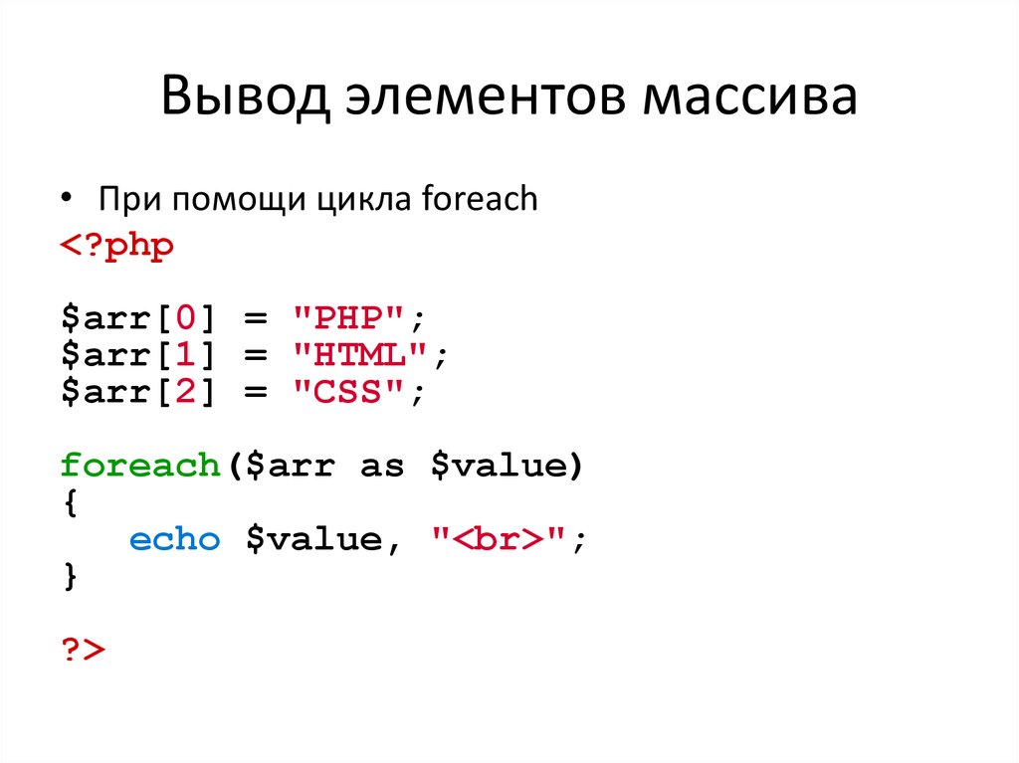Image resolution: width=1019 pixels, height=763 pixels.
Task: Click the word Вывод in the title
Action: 245,96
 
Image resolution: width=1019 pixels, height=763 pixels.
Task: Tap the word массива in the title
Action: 750,96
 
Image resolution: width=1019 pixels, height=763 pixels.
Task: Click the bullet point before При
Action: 67,197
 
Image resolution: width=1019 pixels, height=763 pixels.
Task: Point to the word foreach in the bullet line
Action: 480,198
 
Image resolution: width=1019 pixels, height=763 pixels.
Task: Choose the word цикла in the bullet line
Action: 364,200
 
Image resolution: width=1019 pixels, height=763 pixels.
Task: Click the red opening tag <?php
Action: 117,247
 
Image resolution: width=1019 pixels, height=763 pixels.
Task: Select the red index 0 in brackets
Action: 186,317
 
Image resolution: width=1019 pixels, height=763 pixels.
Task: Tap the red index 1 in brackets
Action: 186,354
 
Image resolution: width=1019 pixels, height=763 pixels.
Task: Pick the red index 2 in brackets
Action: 186,391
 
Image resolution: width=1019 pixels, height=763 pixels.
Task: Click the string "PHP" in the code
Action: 348,317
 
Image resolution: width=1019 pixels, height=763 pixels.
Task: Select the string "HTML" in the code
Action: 360,354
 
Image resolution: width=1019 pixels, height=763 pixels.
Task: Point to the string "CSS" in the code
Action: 348,391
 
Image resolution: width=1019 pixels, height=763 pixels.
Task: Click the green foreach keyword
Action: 140,466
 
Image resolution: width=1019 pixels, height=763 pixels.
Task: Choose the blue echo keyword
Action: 175,539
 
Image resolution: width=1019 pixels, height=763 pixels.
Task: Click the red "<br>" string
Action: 498,539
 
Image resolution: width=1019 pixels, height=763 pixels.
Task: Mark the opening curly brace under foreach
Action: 71,502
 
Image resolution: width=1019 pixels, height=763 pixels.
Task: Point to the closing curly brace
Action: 71,576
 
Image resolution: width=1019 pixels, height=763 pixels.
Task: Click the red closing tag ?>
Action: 84,650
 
